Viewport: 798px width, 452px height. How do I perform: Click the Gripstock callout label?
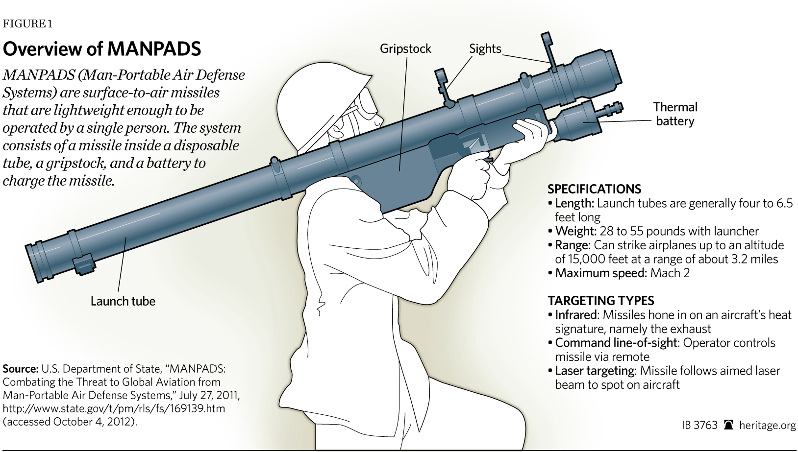point(405,49)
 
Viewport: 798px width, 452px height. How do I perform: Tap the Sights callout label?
point(485,49)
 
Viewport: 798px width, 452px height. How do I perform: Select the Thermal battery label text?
point(675,114)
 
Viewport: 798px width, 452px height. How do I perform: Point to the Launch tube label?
point(123,301)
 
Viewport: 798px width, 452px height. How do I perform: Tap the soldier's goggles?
point(367,103)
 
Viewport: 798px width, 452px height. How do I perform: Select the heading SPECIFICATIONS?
point(594,189)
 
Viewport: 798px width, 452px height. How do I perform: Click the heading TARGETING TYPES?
point(600,301)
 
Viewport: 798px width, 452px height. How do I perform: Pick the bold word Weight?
point(575,231)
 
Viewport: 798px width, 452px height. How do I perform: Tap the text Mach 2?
point(670,273)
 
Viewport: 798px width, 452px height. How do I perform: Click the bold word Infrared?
point(575,315)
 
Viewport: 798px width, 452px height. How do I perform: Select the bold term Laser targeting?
point(595,371)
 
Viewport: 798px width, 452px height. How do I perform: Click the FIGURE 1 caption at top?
point(27,24)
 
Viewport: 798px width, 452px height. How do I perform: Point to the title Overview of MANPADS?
point(102,49)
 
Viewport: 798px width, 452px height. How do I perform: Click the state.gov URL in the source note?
point(114,408)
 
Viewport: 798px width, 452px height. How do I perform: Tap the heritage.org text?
point(767,425)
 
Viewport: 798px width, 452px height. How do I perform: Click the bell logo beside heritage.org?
point(728,425)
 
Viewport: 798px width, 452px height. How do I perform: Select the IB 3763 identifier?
point(699,425)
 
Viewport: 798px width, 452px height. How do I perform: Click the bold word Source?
point(20,369)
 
